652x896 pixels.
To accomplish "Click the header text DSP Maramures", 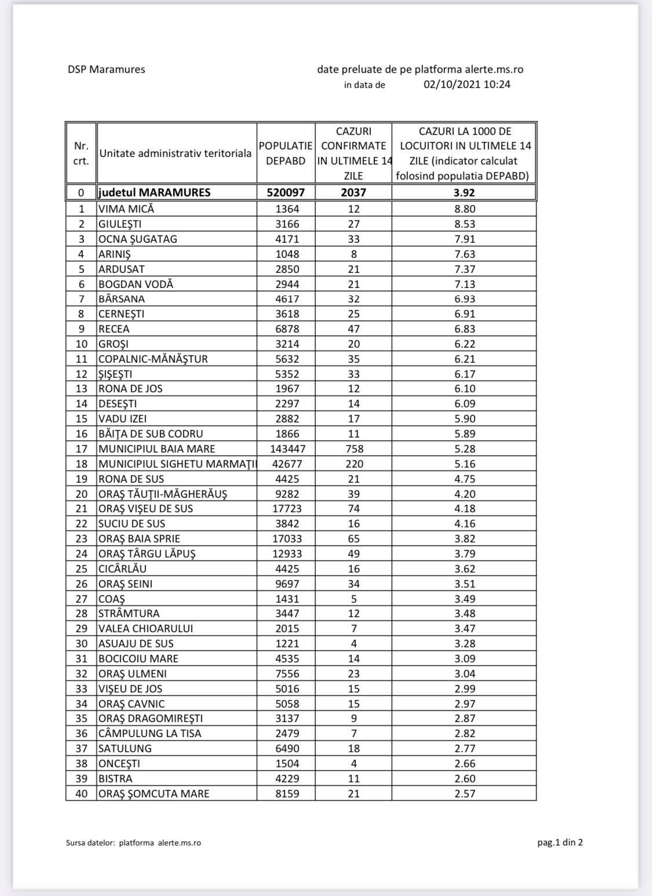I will click(106, 70).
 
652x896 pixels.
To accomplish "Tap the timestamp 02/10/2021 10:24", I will click(467, 85).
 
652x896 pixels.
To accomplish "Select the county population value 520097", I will click(286, 192).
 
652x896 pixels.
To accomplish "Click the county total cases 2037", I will click(354, 192).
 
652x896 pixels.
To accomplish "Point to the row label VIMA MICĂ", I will click(126, 209).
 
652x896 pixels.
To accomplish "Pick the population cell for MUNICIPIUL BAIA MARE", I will click(286, 449).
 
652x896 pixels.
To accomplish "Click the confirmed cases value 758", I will click(354, 449).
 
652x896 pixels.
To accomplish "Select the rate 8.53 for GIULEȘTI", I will click(464, 224).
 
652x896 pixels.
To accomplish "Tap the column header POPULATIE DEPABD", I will click(286, 154).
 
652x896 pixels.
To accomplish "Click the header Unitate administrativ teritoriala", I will click(176, 154).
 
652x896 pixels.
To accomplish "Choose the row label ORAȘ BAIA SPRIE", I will click(139, 539).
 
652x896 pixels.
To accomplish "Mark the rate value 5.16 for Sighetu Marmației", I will click(464, 464).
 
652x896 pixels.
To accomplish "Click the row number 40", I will click(81, 793).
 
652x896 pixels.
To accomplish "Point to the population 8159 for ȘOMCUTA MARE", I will click(286, 793).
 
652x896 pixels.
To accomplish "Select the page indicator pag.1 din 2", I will click(560, 842).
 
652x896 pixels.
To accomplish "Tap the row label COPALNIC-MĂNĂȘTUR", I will click(153, 359).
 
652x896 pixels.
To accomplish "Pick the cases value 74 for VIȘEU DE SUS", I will click(354, 509).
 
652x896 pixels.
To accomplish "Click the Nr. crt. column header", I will click(81, 154).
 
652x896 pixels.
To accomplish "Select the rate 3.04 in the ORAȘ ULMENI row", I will click(464, 673).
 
